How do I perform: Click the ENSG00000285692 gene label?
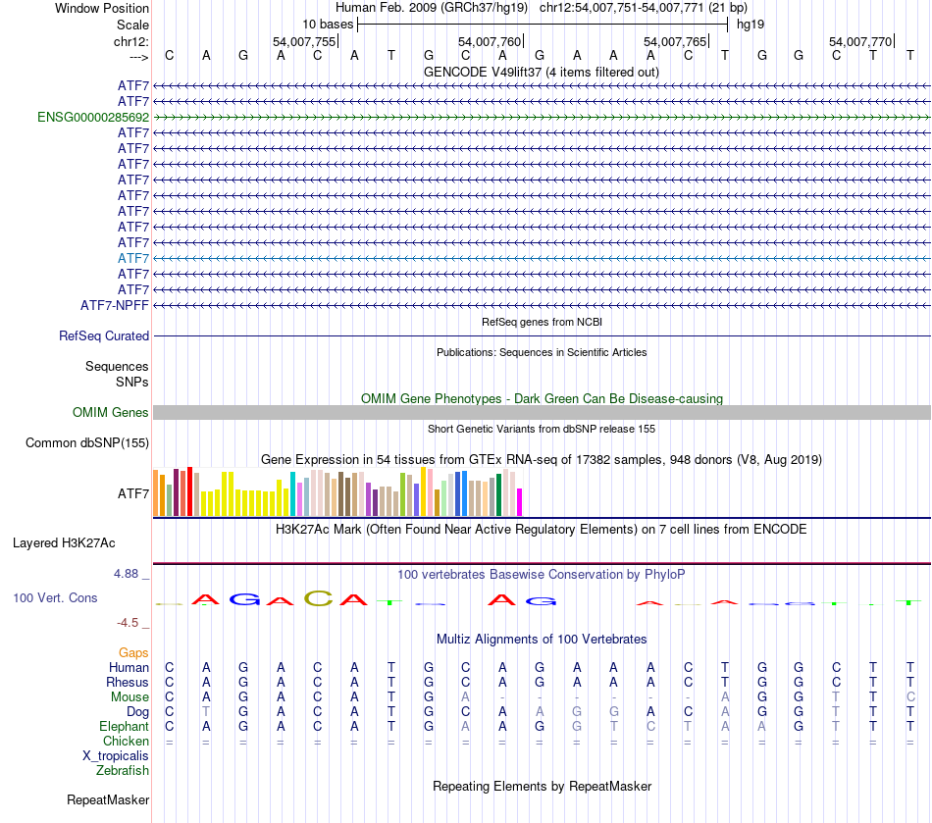(x=93, y=117)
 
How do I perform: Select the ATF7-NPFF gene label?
(x=115, y=305)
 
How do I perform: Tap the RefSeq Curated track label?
(x=104, y=335)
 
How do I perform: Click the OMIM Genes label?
(x=111, y=413)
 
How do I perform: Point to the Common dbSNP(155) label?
(x=87, y=442)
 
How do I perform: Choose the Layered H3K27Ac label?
(x=64, y=542)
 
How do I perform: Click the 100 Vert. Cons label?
(x=55, y=597)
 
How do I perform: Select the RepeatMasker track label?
(x=108, y=800)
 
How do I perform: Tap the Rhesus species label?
(x=128, y=682)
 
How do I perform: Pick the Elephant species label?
(x=124, y=726)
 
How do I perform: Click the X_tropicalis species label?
(x=116, y=755)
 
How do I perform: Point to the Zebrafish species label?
(x=123, y=770)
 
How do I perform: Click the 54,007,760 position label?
(x=490, y=41)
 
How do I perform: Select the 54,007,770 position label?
(x=860, y=41)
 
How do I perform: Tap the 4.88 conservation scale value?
(x=129, y=574)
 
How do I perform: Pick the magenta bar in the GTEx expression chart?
(x=519, y=502)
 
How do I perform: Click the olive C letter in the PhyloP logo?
(x=318, y=598)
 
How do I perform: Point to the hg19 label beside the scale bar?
(x=751, y=24)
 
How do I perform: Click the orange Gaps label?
(x=133, y=652)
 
